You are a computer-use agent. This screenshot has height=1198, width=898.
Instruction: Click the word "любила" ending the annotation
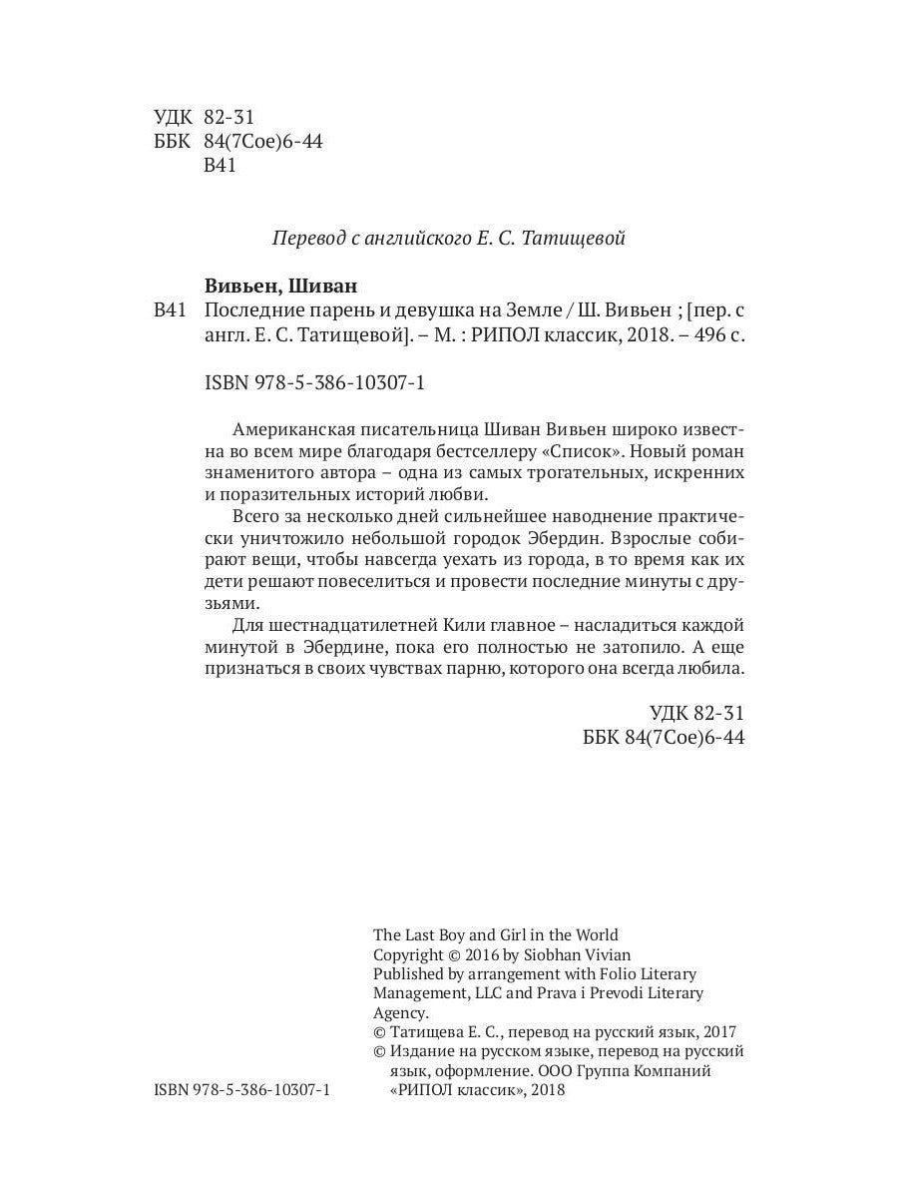tap(709, 670)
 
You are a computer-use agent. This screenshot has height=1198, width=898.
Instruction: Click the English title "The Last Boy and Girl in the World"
tap(495, 935)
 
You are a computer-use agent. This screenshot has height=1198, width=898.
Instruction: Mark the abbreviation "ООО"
tap(554, 1071)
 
